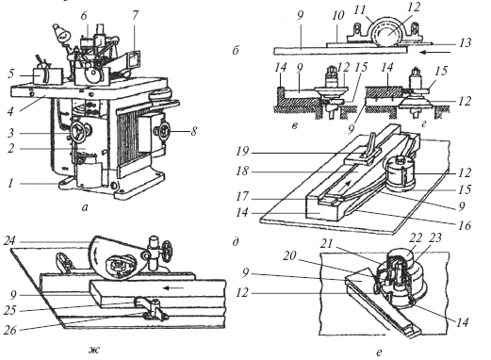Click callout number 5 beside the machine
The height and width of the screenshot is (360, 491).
11,74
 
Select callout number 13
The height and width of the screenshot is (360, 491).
465,42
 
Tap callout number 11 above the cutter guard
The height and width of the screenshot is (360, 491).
359,10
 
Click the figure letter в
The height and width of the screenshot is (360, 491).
295,125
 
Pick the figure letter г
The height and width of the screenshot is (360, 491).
423,124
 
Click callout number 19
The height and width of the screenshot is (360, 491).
242,152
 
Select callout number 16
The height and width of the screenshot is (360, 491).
465,225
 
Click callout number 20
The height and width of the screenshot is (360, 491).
289,256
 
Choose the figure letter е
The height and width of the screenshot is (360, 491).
379,352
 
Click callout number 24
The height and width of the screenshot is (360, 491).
9,241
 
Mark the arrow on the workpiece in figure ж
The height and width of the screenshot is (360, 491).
175,287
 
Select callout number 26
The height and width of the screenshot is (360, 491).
9,330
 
